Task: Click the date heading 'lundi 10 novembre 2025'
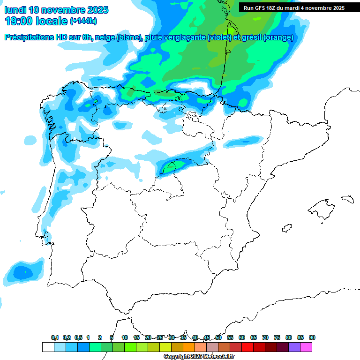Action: [56, 10]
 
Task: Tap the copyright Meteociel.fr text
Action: [198, 357]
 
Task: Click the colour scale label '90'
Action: [312, 337]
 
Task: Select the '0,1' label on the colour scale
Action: [55, 337]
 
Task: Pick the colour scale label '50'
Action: [218, 337]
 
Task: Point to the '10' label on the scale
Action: [125, 337]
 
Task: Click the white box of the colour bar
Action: [48, 347]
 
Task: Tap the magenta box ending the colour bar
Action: [306, 347]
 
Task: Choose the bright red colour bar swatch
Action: [247, 347]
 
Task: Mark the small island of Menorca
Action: [347, 199]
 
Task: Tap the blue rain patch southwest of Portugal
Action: [22, 271]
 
